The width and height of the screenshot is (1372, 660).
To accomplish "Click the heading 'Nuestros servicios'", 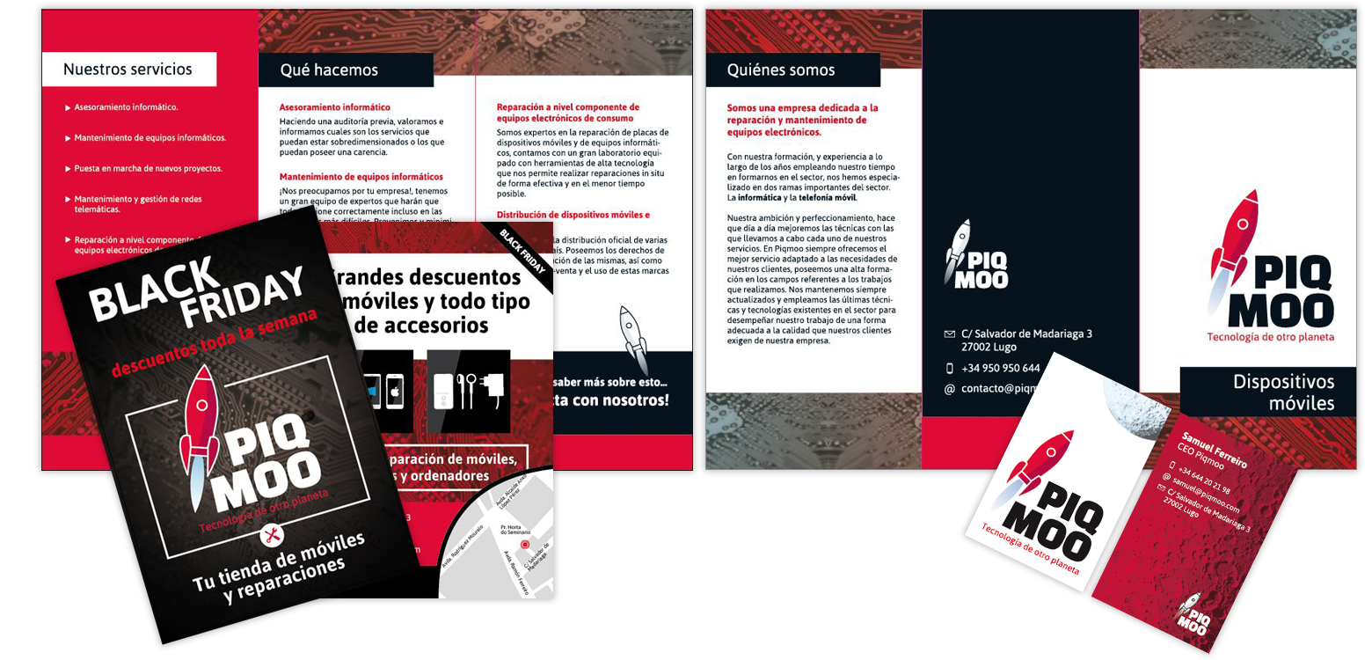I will pos(128,70).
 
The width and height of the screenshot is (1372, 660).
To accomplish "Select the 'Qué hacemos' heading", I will pos(328,70).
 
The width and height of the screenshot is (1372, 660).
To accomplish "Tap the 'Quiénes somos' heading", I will pos(780,70).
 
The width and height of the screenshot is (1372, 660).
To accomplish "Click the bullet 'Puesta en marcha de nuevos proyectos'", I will pos(148,168).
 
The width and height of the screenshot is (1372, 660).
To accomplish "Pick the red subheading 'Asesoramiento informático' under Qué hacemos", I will pos(334,107).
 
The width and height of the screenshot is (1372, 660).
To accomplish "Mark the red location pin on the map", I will pos(525,545).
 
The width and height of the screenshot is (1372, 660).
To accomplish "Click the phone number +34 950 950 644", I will pos(1000,369).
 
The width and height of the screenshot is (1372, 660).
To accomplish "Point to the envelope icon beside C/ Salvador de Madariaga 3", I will pos(949,334).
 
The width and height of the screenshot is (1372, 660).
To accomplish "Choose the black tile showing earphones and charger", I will pos(468,391).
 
